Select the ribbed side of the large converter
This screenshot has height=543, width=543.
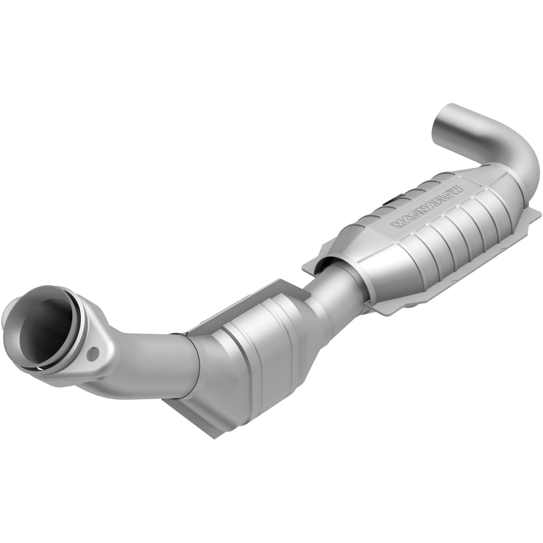pos(447,224)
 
